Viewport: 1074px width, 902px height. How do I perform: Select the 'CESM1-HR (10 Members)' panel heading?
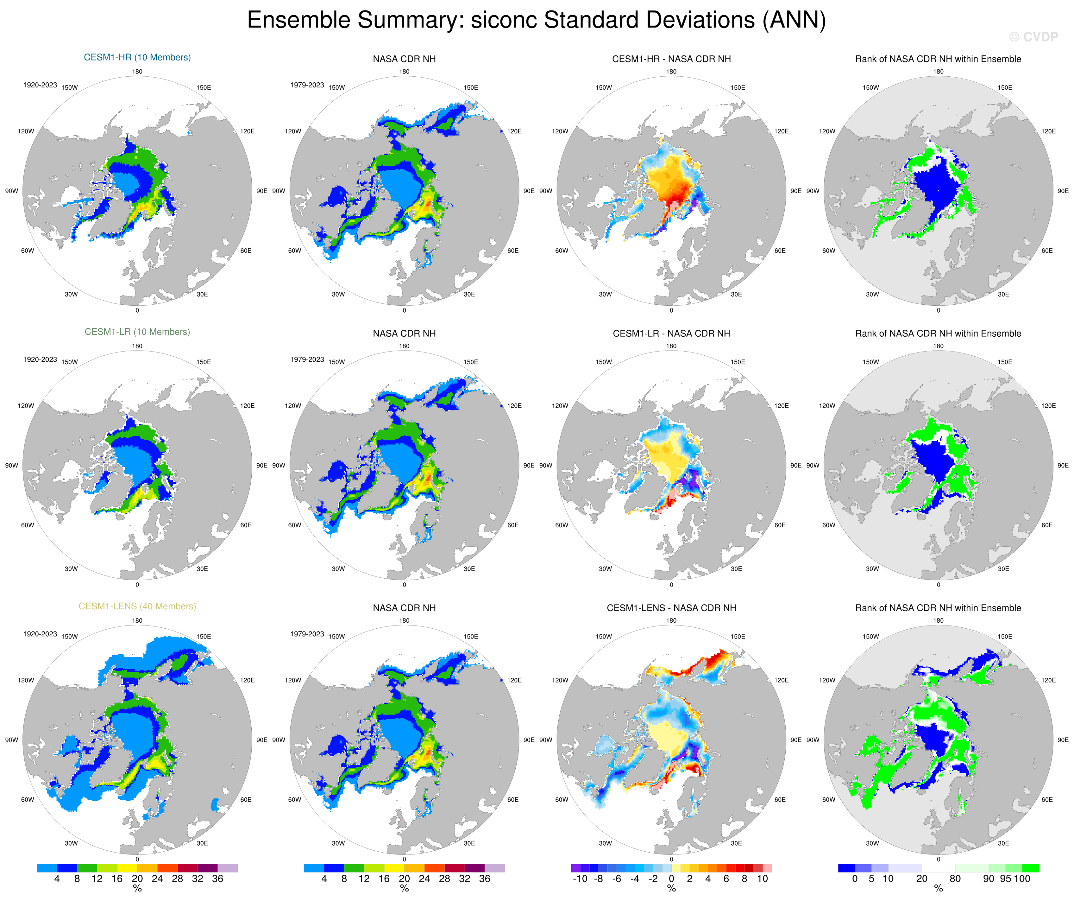[x=137, y=57]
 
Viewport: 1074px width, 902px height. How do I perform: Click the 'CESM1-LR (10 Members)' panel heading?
[x=137, y=332]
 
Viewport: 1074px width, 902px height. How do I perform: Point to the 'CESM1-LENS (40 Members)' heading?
[x=137, y=606]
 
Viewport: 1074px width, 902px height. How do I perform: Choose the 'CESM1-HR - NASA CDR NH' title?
[x=671, y=59]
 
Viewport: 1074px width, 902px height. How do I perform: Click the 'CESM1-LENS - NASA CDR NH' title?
[x=671, y=608]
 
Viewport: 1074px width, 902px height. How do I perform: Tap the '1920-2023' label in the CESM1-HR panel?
[x=40, y=85]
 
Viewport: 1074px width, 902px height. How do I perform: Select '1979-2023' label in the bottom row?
[x=307, y=634]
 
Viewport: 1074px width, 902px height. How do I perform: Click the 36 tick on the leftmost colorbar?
[x=217, y=879]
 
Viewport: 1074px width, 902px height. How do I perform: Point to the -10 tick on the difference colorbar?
[x=580, y=879]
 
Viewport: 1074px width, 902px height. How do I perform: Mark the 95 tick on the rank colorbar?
[x=1005, y=879]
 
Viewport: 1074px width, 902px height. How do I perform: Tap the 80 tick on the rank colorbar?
[x=955, y=879]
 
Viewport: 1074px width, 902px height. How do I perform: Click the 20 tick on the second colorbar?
[x=404, y=879]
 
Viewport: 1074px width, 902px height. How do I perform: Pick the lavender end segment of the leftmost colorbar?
[x=228, y=868]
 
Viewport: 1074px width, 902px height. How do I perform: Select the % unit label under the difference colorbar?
[x=671, y=889]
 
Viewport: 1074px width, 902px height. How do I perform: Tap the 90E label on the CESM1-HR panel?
[x=262, y=191]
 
